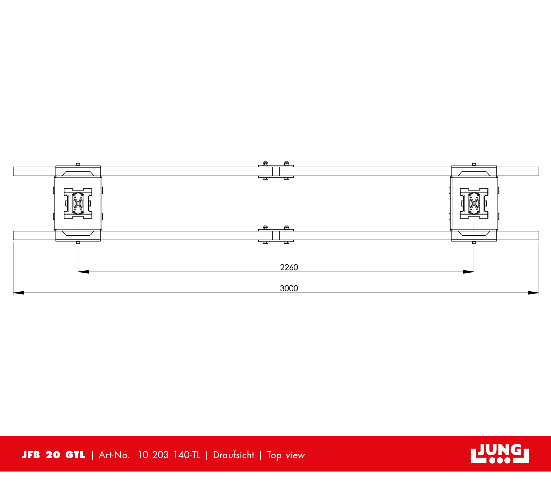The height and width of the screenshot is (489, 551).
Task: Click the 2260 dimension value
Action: click(x=289, y=267)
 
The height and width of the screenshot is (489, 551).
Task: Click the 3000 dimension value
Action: click(x=289, y=288)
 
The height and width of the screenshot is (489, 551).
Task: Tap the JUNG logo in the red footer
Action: click(x=499, y=454)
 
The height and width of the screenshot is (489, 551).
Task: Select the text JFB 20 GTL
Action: click(x=53, y=455)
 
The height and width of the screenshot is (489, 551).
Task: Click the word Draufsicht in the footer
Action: click(x=234, y=455)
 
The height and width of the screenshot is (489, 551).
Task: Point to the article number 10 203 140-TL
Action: click(x=169, y=455)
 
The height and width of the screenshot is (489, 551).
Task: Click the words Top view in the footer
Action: click(x=286, y=455)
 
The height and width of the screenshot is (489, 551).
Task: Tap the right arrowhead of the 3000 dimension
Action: click(x=533, y=293)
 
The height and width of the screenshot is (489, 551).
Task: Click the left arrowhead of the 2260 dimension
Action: click(x=83, y=272)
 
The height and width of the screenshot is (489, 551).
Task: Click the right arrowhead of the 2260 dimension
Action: click(x=469, y=272)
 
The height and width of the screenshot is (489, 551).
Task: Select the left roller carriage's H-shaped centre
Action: click(x=78, y=203)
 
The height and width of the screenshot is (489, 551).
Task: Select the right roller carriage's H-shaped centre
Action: click(x=474, y=203)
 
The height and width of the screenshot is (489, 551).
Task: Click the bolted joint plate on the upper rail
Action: click(x=276, y=171)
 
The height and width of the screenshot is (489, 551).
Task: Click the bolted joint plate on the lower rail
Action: click(x=276, y=235)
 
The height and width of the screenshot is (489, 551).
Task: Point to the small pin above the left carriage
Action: click(x=78, y=164)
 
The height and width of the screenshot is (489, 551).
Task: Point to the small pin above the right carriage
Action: click(x=474, y=164)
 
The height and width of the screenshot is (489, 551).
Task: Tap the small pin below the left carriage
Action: click(x=78, y=242)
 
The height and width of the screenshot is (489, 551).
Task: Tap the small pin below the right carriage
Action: click(x=474, y=242)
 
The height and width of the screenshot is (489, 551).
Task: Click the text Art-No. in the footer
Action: click(x=114, y=455)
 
